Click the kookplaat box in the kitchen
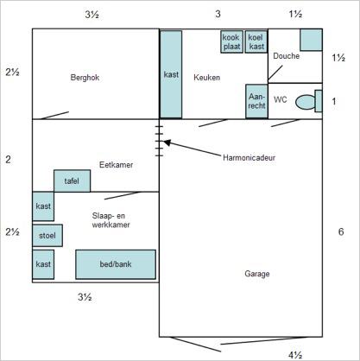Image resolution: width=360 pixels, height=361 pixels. coord(231,41)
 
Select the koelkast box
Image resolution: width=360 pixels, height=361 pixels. coord(256,41)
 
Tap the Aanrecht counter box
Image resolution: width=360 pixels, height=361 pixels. coord(256,101)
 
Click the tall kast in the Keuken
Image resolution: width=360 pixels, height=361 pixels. coord(171,74)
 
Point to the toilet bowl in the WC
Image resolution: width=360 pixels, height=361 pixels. coord(306,102)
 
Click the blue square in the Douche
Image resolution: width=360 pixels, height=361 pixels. coord(311,40)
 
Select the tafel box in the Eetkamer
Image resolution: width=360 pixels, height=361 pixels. coord(72,180)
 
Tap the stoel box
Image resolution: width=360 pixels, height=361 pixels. coord(47,236)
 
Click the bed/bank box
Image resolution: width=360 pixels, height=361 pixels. coord(116,264)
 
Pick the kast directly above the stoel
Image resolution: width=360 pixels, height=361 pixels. coord(43,206)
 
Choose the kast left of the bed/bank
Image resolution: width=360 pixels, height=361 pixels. coord(43,264)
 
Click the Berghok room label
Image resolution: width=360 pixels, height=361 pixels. coord(85,78)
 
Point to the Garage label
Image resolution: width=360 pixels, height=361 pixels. coord(257,274)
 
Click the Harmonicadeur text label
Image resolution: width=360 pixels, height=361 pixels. coord(249,157)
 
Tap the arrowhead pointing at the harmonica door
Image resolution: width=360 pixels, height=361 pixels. coord(167,142)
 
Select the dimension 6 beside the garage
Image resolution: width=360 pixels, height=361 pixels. coord(341,231)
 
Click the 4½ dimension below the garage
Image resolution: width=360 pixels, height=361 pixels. coord(295,356)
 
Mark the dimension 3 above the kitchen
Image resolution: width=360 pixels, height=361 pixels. coord(218,14)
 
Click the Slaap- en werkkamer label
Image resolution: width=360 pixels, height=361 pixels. coord(111,220)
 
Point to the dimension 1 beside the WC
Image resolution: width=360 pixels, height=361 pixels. coord(334,101)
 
